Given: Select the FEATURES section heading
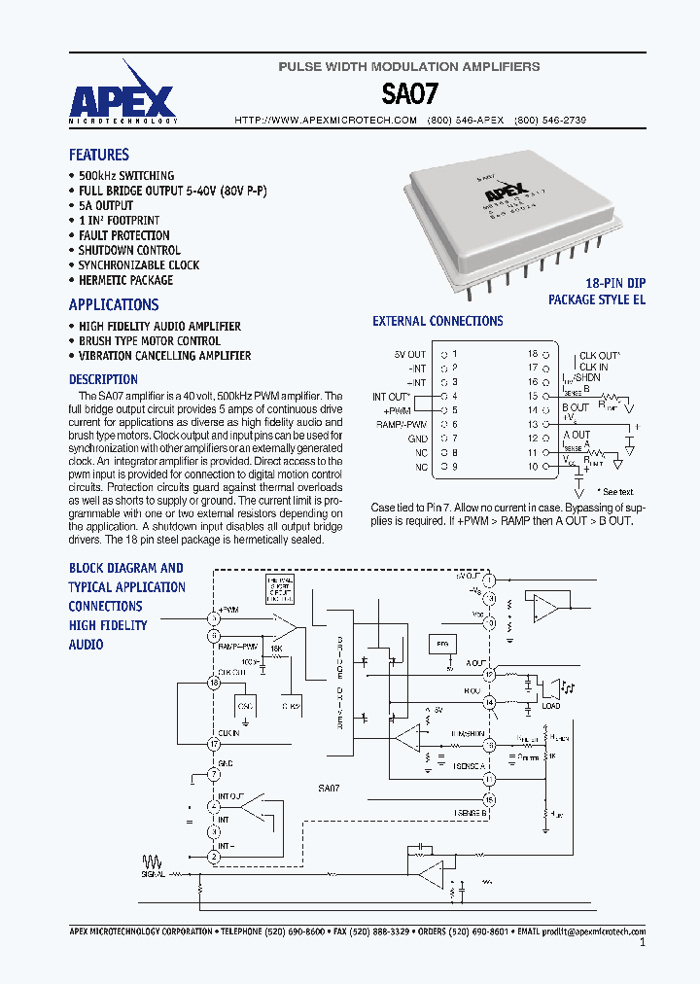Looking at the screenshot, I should point(98,155).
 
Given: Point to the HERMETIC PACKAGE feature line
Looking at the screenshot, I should point(125,280).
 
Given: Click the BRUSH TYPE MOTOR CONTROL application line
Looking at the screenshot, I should point(150,341).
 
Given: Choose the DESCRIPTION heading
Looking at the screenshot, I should point(103,379).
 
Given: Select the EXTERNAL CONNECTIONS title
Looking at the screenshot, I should point(437,321).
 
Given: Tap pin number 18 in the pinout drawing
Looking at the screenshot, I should point(533,354).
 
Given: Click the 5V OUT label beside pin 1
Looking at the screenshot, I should point(410,354).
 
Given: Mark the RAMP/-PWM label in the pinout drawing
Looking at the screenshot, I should point(404,425).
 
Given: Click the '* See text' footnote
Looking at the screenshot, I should point(614,492).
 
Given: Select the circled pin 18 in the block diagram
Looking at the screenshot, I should point(214,684).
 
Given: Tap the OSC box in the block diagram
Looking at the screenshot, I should point(246,707).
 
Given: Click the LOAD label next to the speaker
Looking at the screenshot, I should point(550,707).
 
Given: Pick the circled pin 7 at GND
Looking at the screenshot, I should point(214,775).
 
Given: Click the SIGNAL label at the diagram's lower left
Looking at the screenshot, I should point(153,874).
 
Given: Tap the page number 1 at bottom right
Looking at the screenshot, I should point(643,943).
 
